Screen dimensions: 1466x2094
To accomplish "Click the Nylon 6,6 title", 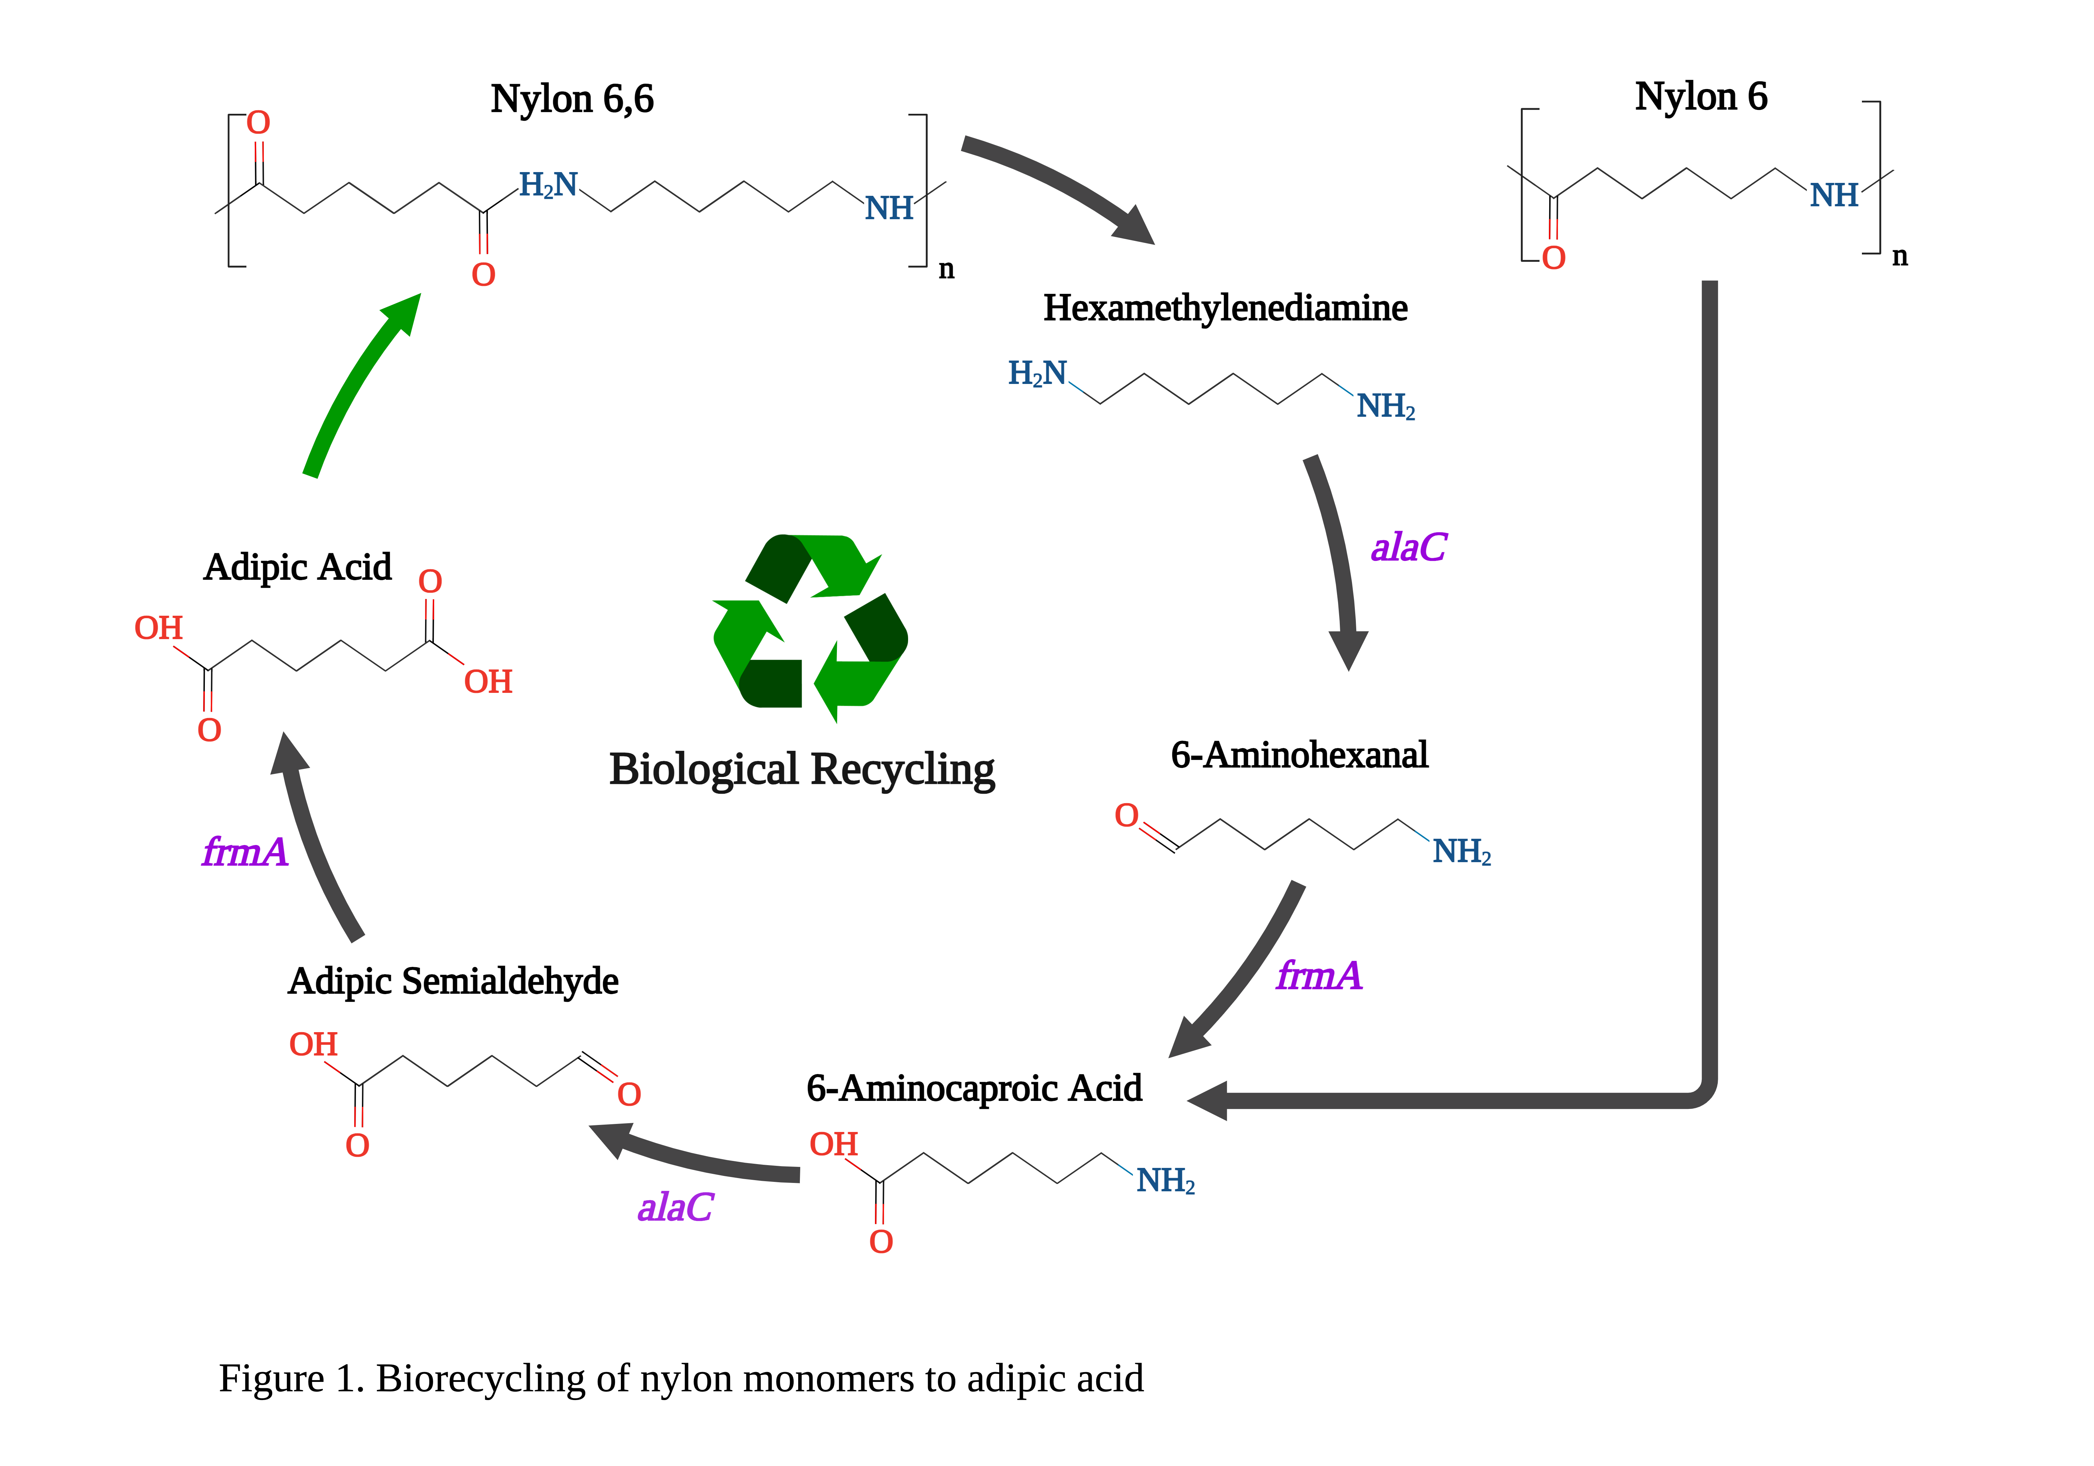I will coord(572,98).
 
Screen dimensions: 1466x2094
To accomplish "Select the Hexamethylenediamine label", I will coord(1225,308).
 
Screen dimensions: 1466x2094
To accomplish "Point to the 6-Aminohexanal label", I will coord(1299,755).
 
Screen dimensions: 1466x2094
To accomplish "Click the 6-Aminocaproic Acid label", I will coord(974,1088).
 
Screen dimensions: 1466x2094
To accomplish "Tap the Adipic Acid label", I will coord(297,568).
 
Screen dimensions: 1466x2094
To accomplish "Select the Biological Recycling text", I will coord(802,769).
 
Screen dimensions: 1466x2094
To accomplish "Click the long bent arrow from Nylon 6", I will coord(1709,730).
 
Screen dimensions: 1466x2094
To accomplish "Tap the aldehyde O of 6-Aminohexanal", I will coord(1126,815).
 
